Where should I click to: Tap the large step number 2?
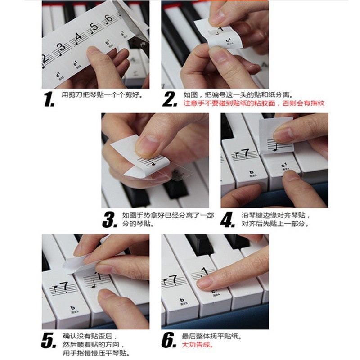tap(170, 99)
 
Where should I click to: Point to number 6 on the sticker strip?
tap(108, 19)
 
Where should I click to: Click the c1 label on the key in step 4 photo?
tap(284, 166)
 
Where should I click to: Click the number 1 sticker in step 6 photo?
tap(205, 272)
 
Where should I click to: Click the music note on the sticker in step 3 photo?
tap(153, 162)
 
